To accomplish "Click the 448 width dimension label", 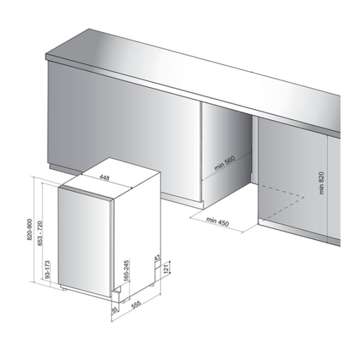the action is [x=104, y=178].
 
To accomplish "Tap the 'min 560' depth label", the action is [x=225, y=163].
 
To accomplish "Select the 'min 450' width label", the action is [x=217, y=221].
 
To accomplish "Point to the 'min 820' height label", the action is [x=322, y=183].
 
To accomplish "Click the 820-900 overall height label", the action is [x=30, y=230].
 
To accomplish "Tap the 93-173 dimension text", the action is [x=48, y=269].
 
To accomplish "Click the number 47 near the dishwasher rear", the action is [x=157, y=258].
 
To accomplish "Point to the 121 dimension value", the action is [x=166, y=268].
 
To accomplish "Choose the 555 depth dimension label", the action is [x=136, y=305].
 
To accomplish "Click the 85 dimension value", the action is [x=115, y=310].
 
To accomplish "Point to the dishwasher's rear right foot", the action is [x=152, y=286].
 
